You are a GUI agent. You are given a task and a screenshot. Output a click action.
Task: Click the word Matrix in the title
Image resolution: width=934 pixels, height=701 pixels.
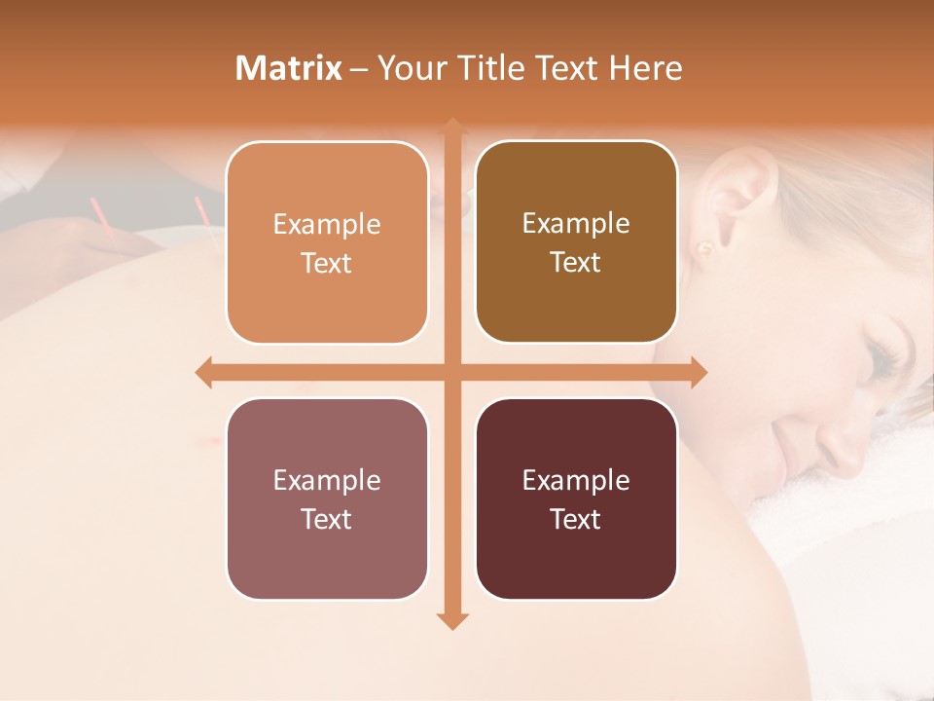click(x=289, y=68)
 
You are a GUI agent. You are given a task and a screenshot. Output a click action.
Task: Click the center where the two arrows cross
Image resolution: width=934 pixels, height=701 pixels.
click(x=452, y=373)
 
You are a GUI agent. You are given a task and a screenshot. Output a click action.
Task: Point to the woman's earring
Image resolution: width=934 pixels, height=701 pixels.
click(x=704, y=248)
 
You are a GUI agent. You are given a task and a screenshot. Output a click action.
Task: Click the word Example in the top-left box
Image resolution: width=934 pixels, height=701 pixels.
click(x=327, y=225)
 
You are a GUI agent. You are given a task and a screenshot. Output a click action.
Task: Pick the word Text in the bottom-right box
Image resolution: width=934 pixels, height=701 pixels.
click(x=576, y=519)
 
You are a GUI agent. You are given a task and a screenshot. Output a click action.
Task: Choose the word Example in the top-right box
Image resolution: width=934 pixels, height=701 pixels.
click(x=576, y=224)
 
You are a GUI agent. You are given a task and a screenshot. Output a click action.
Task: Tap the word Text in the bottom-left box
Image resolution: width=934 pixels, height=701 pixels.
click(x=327, y=519)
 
